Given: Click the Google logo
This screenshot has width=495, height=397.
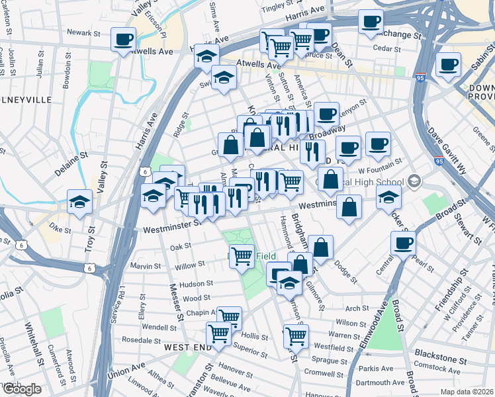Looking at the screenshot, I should (21, 388).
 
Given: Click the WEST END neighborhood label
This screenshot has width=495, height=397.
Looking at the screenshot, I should (183, 347).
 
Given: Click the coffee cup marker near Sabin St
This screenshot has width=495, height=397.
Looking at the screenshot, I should (449, 65).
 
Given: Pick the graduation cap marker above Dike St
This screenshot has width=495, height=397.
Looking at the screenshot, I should (79, 200).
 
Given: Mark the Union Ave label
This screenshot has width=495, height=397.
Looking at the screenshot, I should (126, 367).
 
